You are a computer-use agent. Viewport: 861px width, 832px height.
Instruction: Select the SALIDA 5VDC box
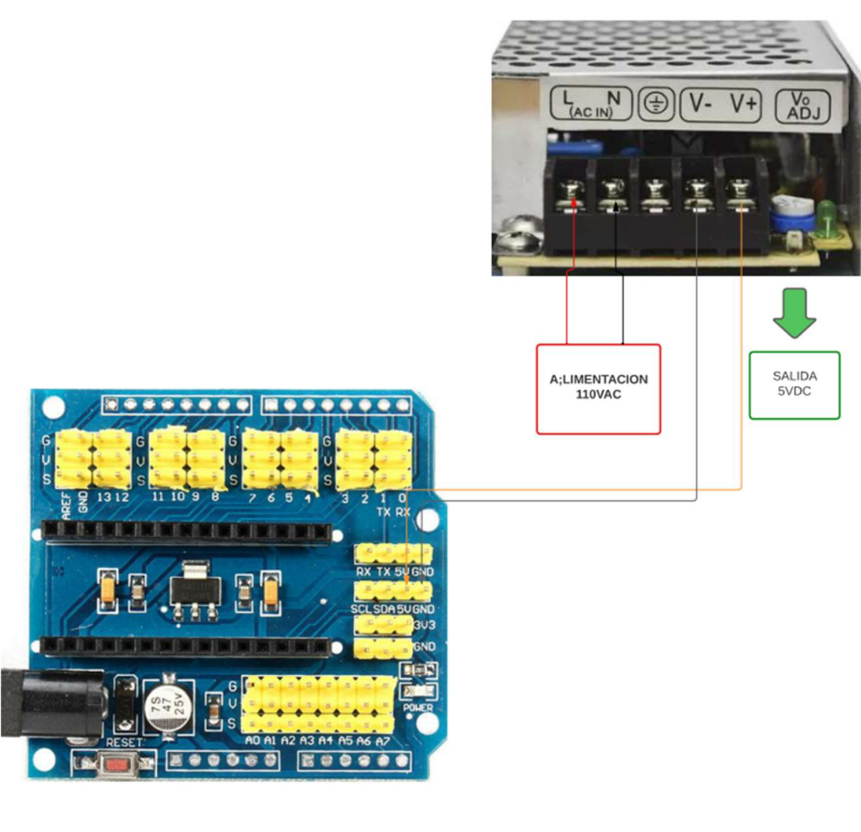click(x=794, y=385)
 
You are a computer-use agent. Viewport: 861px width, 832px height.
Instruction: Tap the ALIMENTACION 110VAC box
click(x=599, y=389)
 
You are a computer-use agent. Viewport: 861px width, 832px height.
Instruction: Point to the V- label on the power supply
click(x=701, y=103)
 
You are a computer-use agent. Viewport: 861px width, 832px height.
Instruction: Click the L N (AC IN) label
click(x=591, y=103)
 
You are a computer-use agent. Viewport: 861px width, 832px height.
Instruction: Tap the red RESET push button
click(x=119, y=763)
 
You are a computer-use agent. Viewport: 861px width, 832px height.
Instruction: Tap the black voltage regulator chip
click(x=193, y=590)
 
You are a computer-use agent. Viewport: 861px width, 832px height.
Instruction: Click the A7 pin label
click(x=383, y=740)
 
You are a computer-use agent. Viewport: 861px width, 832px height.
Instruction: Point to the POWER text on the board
click(x=419, y=707)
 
